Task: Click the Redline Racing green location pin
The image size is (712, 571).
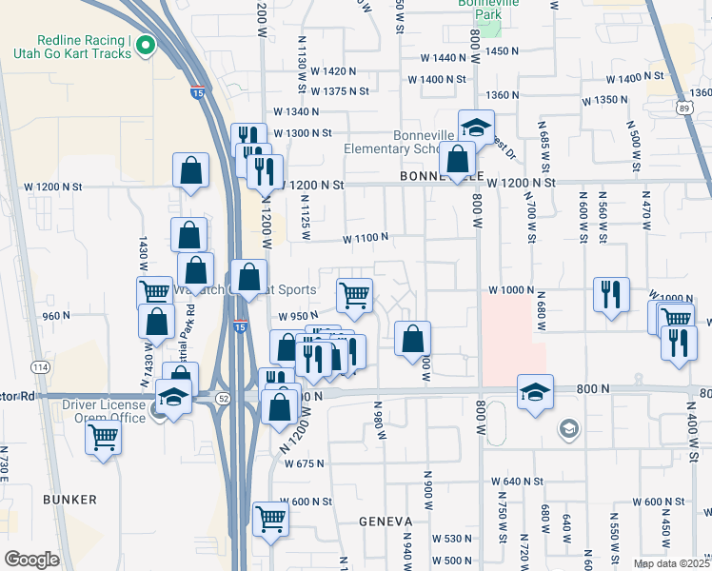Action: pyautogui.click(x=146, y=45)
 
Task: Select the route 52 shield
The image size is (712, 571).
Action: pyautogui.click(x=222, y=398)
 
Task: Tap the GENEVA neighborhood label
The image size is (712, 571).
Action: pyautogui.click(x=385, y=522)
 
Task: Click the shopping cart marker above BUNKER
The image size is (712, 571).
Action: pyautogui.click(x=103, y=439)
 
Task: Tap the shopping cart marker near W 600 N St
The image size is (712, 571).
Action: pyautogui.click(x=270, y=521)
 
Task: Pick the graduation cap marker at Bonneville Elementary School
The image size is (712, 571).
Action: pyautogui.click(x=476, y=128)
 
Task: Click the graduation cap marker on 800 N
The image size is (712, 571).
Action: pyautogui.click(x=535, y=392)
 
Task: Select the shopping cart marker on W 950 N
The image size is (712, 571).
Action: pyautogui.click(x=354, y=296)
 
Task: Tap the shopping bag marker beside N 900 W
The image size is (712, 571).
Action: pyautogui.click(x=412, y=340)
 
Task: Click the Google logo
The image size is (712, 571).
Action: pyautogui.click(x=31, y=559)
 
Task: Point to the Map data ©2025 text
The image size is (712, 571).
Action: pyautogui.click(x=672, y=563)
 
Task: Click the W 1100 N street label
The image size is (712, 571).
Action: pyautogui.click(x=366, y=237)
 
